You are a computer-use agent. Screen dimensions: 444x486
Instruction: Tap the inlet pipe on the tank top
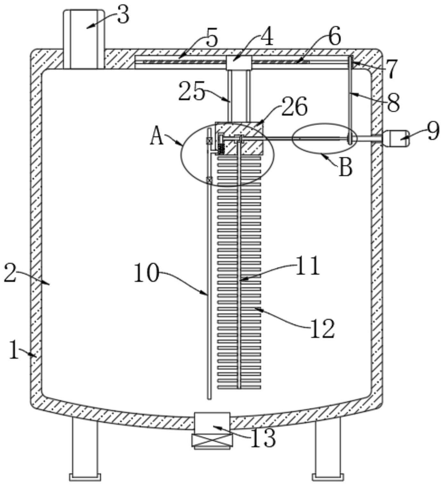[84, 39]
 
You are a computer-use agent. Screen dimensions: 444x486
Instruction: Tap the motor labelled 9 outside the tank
[396, 138]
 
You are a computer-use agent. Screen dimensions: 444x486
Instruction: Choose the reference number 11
[307, 266]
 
